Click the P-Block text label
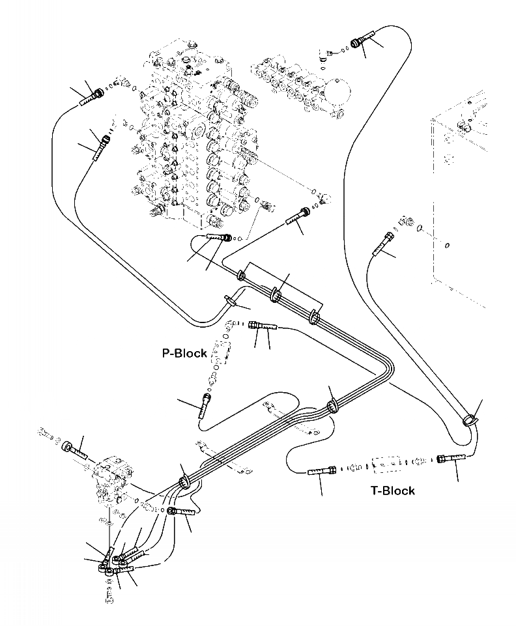pyautogui.click(x=184, y=353)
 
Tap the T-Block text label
pyautogui.click(x=392, y=491)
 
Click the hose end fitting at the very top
pyautogui.click(x=360, y=42)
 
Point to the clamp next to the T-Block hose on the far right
pyautogui.click(x=470, y=421)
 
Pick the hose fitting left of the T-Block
pyautogui.click(x=321, y=470)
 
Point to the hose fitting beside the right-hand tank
pyautogui.click(x=382, y=245)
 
